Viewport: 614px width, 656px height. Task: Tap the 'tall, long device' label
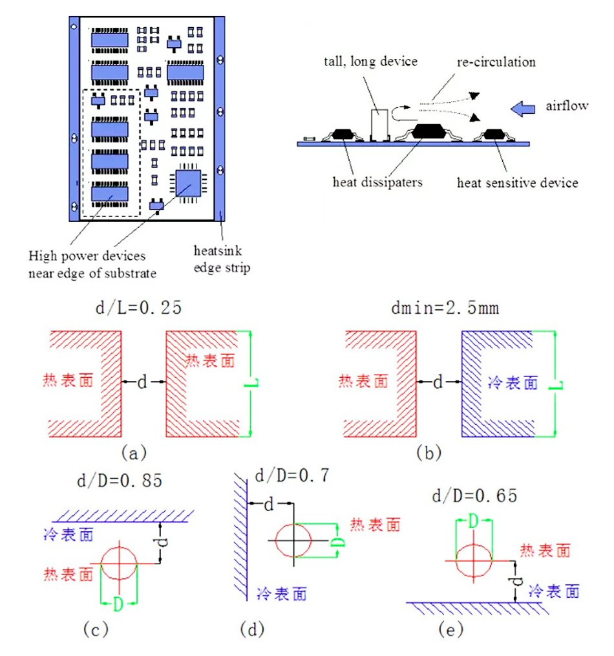370,61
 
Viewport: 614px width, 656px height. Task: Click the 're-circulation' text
496,62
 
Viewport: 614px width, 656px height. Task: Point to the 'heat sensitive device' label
517,183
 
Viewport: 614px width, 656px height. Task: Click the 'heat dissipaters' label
377,182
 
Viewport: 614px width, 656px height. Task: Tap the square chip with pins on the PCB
188,184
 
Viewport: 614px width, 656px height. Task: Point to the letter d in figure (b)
438,383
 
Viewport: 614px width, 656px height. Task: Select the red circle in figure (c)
119,563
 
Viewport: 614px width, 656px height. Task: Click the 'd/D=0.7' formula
292,477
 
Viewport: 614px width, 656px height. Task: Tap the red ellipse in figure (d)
293,538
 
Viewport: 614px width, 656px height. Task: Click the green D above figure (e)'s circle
474,521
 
